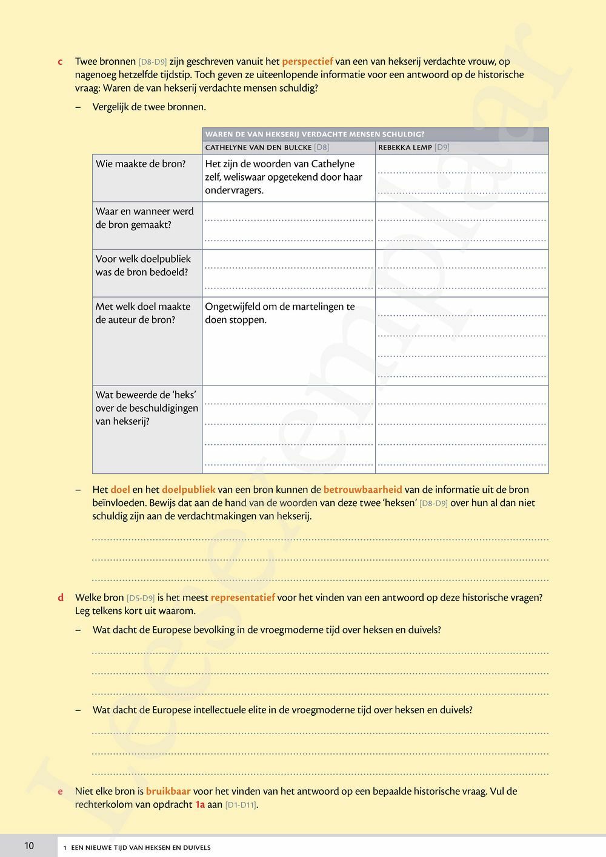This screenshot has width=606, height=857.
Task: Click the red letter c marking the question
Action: [60, 62]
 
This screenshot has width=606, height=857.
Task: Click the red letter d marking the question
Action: [61, 598]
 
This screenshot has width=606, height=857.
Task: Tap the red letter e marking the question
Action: [60, 792]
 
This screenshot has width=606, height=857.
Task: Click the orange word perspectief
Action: [307, 61]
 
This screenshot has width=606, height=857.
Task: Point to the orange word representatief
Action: [242, 598]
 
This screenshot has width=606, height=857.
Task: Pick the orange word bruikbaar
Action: [168, 792]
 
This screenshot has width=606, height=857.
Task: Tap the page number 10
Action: [29, 846]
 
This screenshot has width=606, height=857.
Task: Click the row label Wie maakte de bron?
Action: [141, 164]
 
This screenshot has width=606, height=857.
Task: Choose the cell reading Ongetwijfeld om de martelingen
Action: [279, 313]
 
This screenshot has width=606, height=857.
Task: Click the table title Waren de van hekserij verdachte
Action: [315, 134]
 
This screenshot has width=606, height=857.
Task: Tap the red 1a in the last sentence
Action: [200, 805]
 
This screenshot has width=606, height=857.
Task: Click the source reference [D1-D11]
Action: [241, 805]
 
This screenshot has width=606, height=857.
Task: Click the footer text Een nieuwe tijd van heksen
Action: [141, 847]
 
